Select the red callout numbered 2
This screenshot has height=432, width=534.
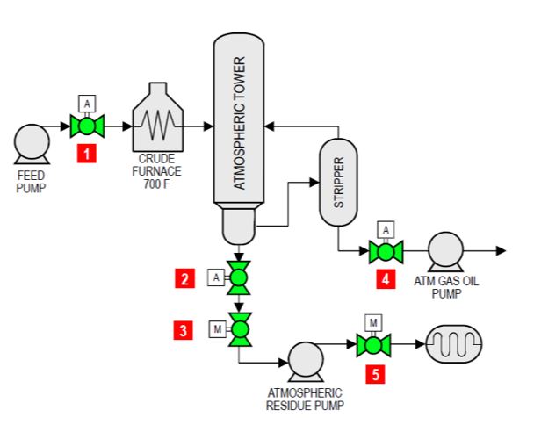tap(183, 278)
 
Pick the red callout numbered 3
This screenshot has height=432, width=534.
tap(183, 330)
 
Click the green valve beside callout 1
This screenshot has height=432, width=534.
tap(88, 126)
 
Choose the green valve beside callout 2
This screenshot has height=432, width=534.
tap(238, 278)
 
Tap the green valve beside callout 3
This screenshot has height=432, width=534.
tap(238, 329)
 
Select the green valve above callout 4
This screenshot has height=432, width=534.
tap(384, 252)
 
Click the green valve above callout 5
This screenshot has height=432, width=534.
tap(373, 346)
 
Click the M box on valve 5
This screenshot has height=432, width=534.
tap(373, 322)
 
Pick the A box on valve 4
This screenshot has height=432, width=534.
tap(384, 229)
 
